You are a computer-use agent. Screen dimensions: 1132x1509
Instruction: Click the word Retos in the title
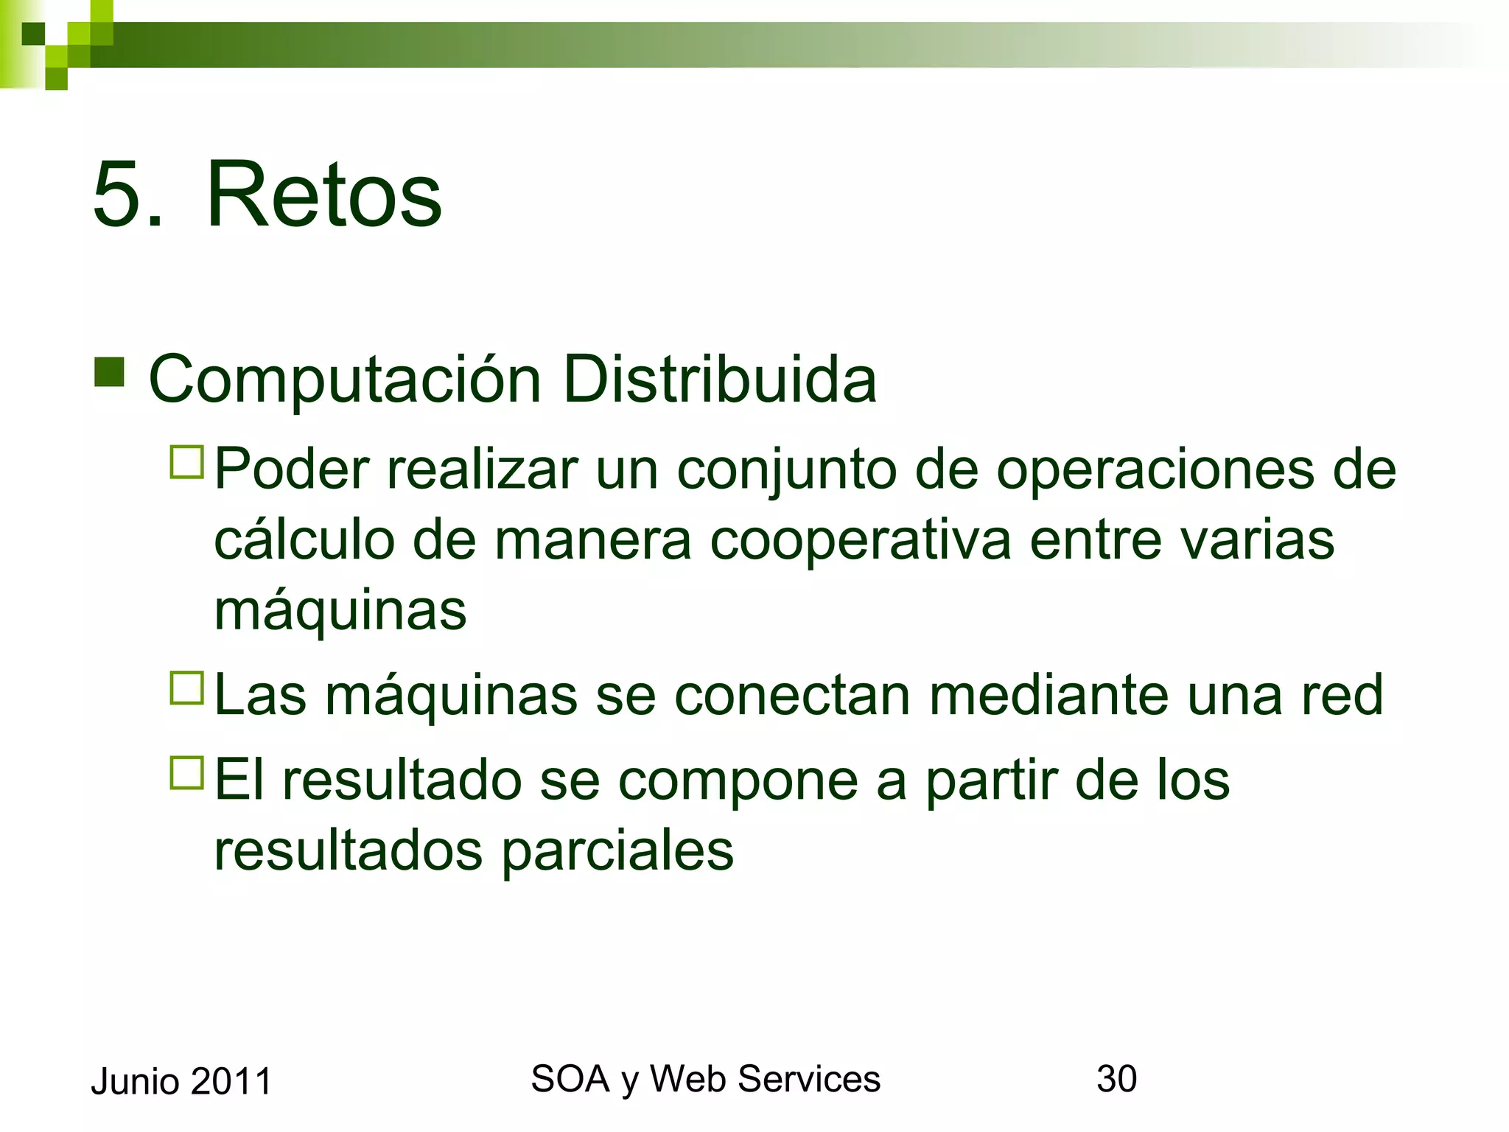(323, 195)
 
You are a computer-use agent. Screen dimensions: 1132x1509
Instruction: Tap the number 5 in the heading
(117, 195)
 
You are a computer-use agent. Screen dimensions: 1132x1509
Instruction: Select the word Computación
(346, 380)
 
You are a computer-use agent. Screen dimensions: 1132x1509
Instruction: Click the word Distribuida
(719, 380)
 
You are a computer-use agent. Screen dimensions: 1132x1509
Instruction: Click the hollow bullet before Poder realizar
(186, 463)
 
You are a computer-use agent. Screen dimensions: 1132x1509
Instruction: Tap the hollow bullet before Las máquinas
(186, 688)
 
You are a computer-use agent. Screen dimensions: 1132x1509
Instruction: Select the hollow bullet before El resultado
(186, 773)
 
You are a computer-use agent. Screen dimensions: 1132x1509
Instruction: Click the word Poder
(292, 469)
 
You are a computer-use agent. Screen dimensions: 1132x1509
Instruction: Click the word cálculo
(304, 540)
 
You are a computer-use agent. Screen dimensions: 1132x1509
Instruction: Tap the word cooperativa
(861, 540)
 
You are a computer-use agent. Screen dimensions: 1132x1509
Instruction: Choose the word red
(1342, 695)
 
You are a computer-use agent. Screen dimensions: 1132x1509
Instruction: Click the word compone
(738, 781)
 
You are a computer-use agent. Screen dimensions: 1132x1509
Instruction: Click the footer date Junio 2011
(181, 1082)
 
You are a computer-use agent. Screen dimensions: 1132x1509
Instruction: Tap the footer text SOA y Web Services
(705, 1080)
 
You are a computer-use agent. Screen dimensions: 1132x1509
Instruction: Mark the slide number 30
(1116, 1079)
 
